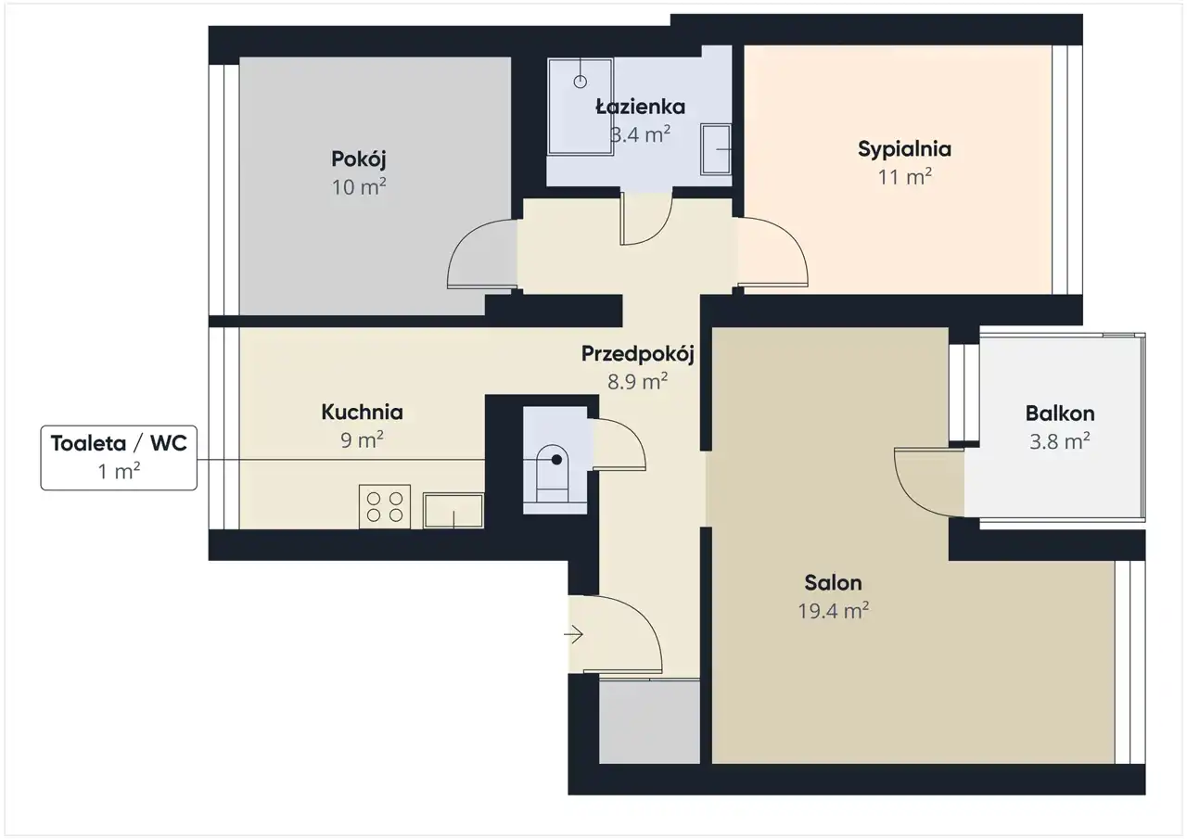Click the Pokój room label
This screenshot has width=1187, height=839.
pyautogui.click(x=359, y=159)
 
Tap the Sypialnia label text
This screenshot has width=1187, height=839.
pyautogui.click(x=904, y=150)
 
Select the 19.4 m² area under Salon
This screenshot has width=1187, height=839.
pyautogui.click(x=834, y=611)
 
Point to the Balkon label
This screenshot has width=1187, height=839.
pyautogui.click(x=1060, y=413)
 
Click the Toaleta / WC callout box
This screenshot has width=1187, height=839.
pyautogui.click(x=119, y=458)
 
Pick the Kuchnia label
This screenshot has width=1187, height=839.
pyautogui.click(x=362, y=413)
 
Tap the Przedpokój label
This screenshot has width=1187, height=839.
pyautogui.click(x=637, y=354)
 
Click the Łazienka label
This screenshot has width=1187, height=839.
pyautogui.click(x=640, y=107)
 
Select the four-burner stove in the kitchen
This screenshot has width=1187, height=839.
pyautogui.click(x=385, y=506)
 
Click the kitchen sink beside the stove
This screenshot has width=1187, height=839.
pyautogui.click(x=453, y=511)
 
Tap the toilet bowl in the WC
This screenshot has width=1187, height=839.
pyautogui.click(x=553, y=473)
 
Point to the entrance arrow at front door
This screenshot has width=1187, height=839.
pyautogui.click(x=573, y=634)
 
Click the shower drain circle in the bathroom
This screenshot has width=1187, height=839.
pyautogui.click(x=581, y=82)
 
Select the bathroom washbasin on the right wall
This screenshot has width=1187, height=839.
pyautogui.click(x=716, y=149)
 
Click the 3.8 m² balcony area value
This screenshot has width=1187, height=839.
pyautogui.click(x=1060, y=441)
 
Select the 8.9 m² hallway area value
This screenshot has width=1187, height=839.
pyautogui.click(x=637, y=381)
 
